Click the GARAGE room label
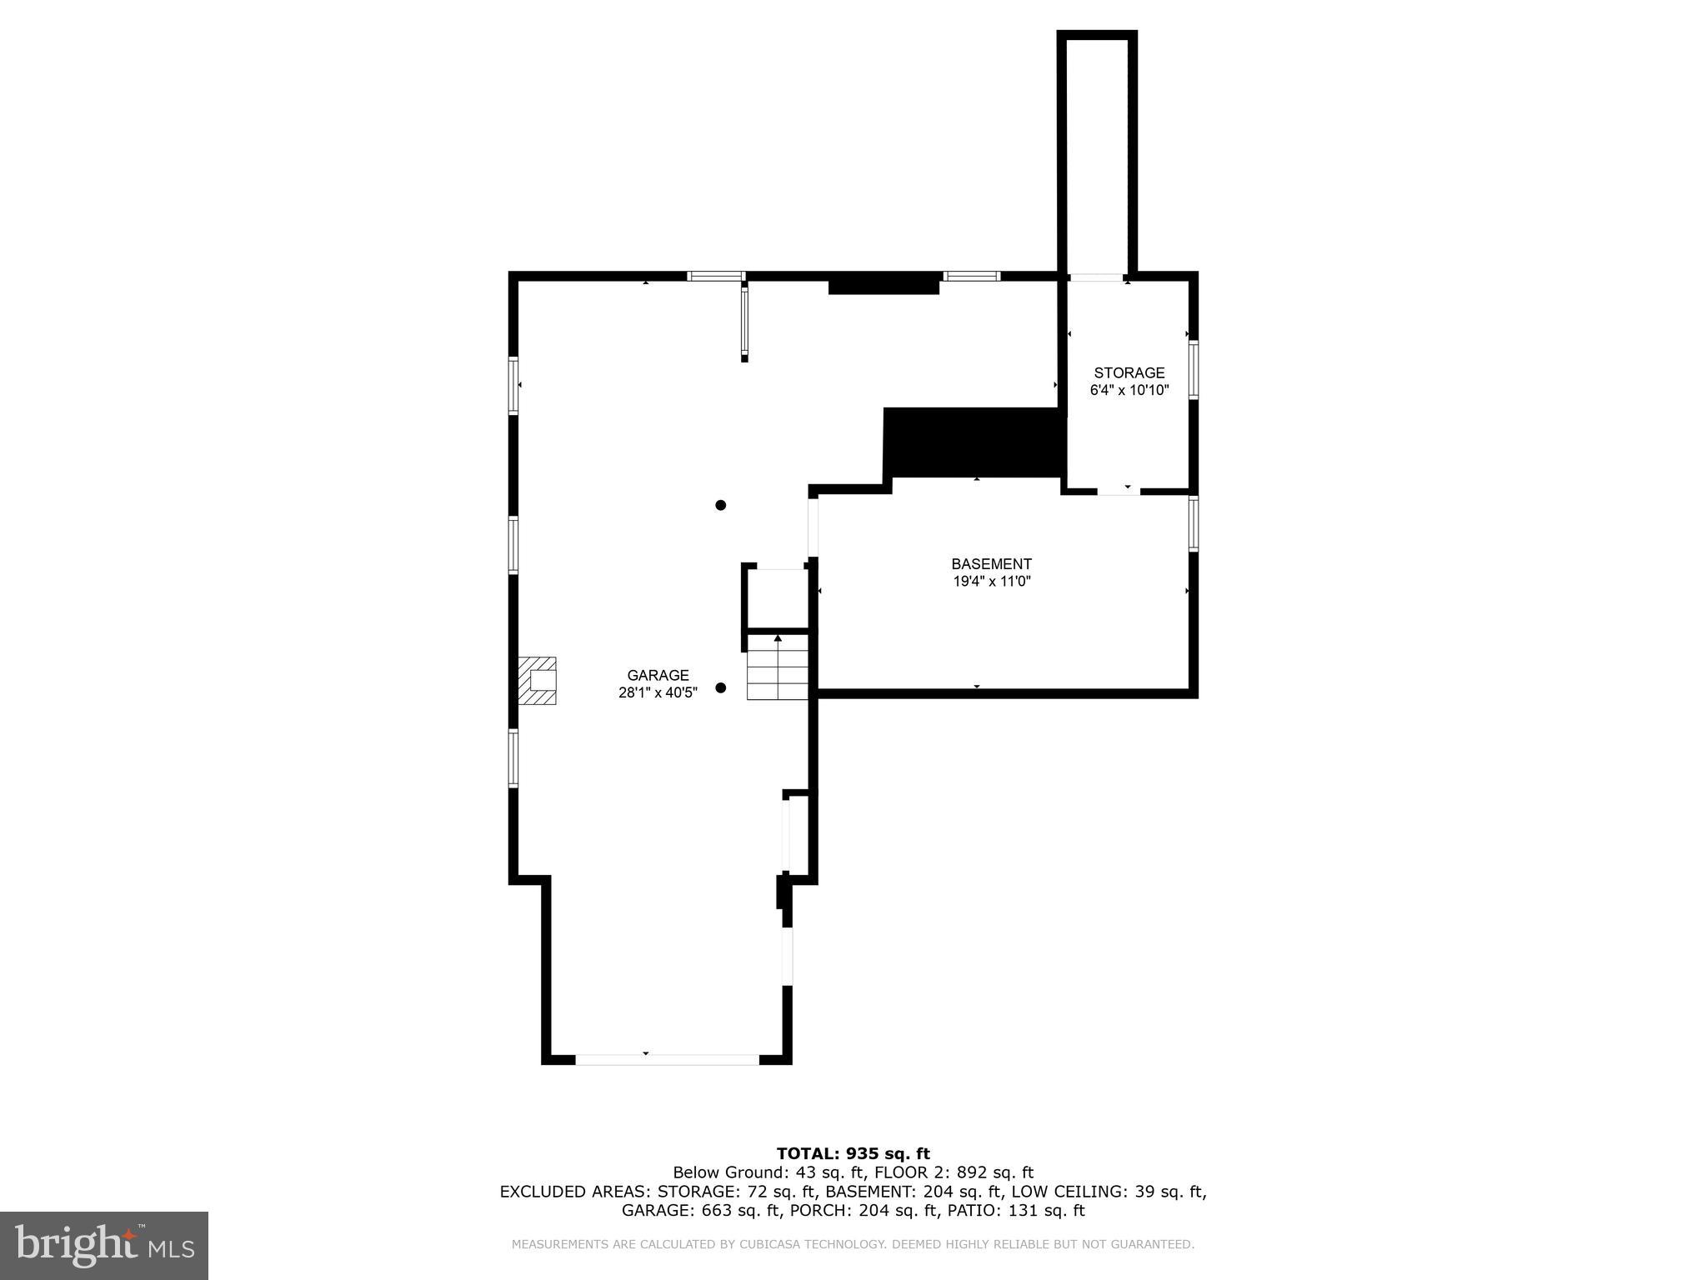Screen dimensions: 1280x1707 click(658, 675)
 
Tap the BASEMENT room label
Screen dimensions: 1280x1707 click(991, 564)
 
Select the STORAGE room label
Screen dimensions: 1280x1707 click(1129, 372)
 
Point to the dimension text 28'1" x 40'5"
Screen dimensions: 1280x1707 click(658, 691)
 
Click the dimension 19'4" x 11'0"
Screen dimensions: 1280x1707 click(991, 582)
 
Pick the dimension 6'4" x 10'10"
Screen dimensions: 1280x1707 click(1129, 390)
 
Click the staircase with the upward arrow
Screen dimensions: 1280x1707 click(778, 667)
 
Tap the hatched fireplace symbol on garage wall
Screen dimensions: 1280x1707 click(538, 680)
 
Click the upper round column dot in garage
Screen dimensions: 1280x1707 click(721, 505)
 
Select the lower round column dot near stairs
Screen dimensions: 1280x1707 click(721, 687)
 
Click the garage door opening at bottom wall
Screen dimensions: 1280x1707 click(667, 1059)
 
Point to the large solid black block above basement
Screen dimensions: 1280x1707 click(974, 442)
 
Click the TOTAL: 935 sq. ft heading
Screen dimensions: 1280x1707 click(853, 1153)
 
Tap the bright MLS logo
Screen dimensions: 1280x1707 click(104, 1245)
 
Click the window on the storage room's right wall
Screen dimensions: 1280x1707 click(1193, 370)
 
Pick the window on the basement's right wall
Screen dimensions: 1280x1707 click(1193, 523)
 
